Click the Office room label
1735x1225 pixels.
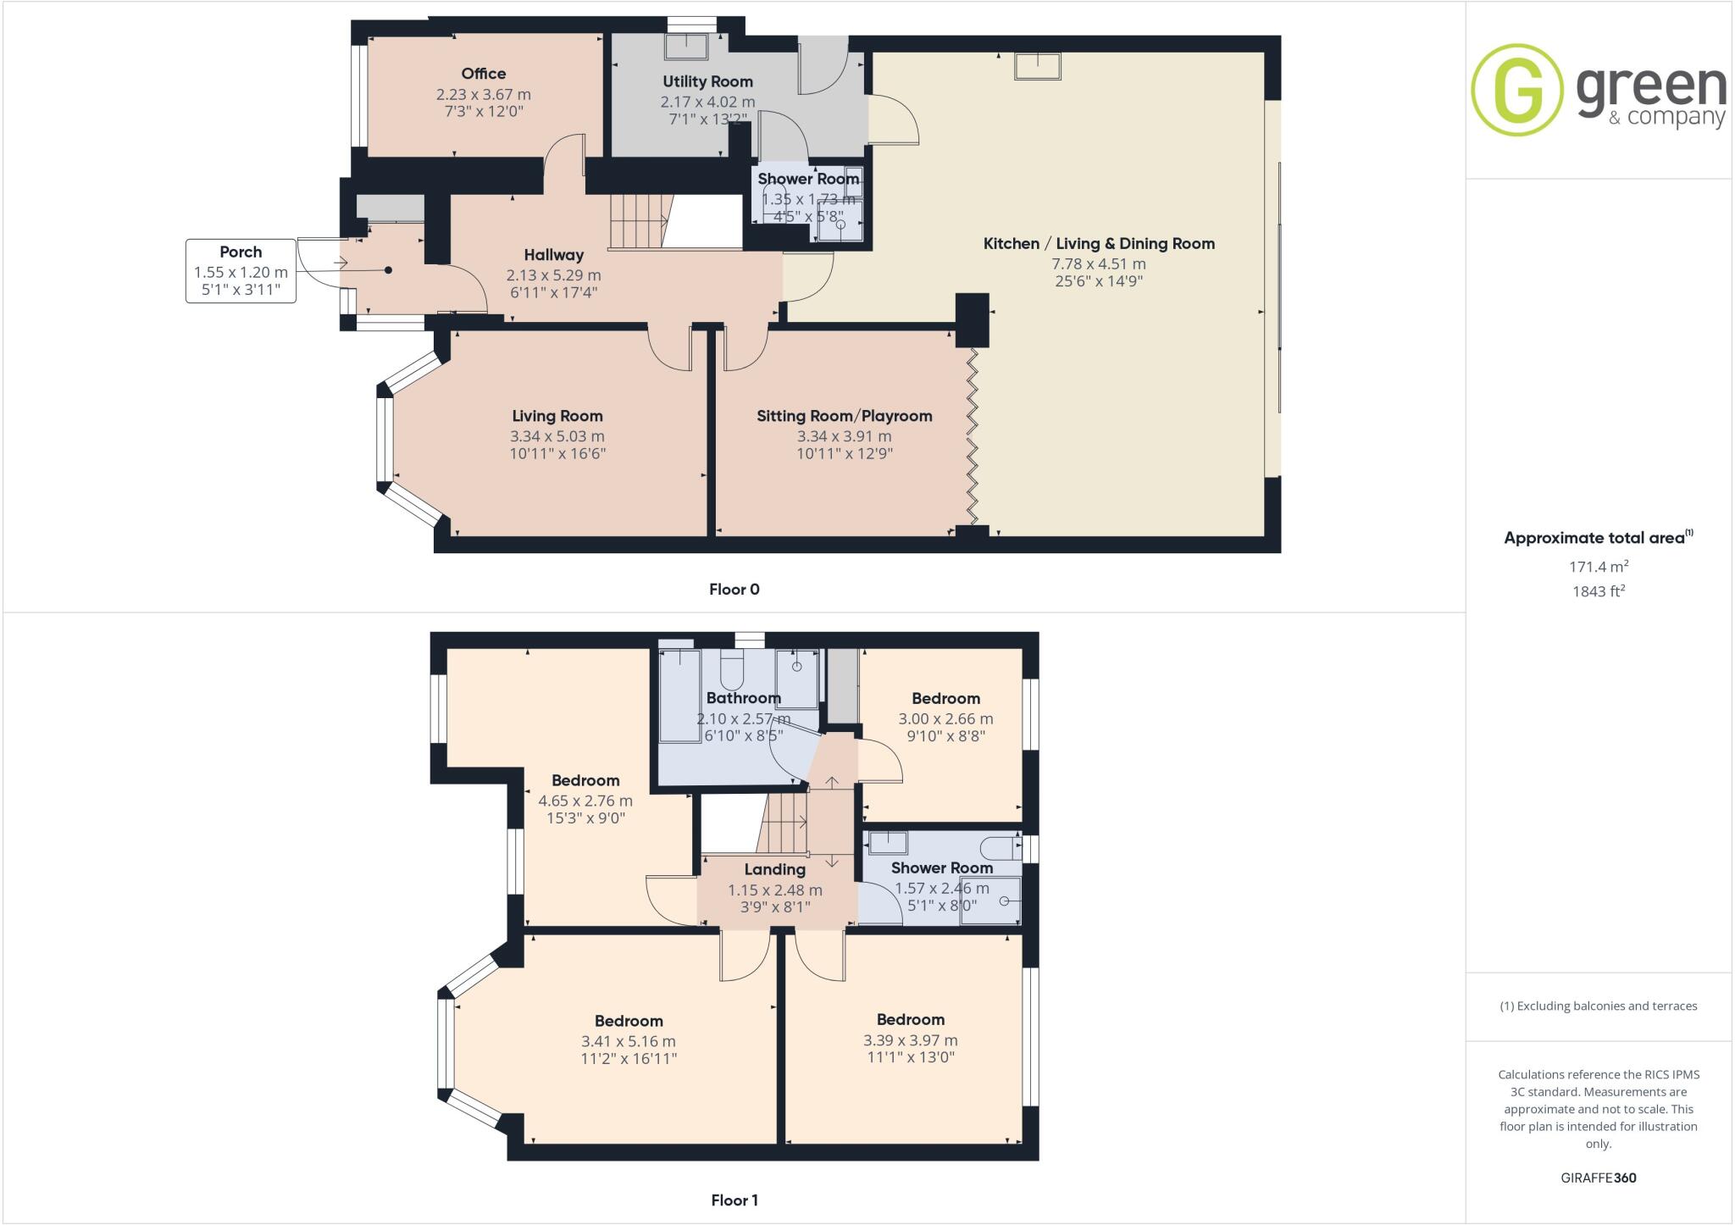483,74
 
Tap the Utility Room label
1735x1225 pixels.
707,81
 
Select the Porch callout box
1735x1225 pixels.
241,271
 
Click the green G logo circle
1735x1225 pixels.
1516,89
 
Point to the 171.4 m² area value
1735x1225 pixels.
1598,566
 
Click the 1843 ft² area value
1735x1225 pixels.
1598,591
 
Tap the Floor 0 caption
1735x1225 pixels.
734,590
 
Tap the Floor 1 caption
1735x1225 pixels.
734,1200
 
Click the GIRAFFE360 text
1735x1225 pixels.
1598,1178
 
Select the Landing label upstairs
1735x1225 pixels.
774,869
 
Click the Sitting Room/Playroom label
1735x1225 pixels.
844,416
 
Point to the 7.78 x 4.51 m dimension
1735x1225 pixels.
1098,263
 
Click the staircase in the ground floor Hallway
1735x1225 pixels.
640,220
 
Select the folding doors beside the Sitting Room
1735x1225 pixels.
973,436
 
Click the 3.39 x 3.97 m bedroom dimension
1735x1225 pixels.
910,1040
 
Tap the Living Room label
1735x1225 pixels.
557,416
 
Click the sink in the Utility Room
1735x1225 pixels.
685,47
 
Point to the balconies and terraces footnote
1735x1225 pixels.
1598,1006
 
